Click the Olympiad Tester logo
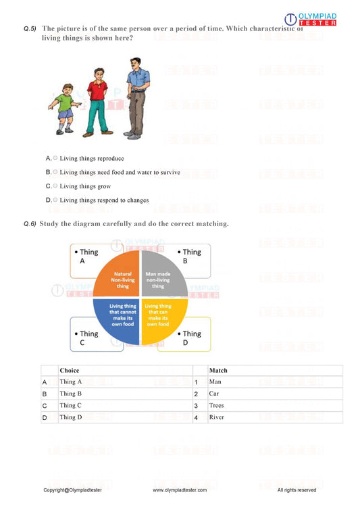click(310, 21)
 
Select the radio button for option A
click(55, 159)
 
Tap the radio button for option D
click(55, 200)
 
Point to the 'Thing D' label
click(190, 334)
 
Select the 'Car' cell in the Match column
click(214, 394)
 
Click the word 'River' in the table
click(216, 418)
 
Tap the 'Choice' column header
click(70, 371)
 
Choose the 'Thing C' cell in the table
click(71, 406)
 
